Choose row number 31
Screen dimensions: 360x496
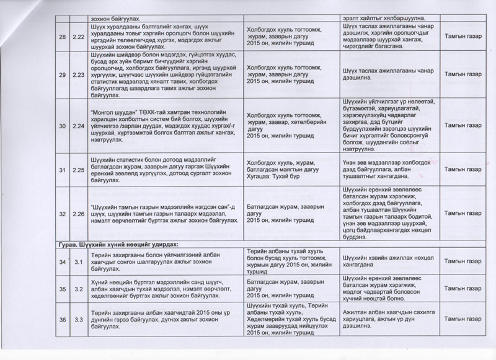[63, 167]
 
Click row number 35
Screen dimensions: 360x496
[63, 288]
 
